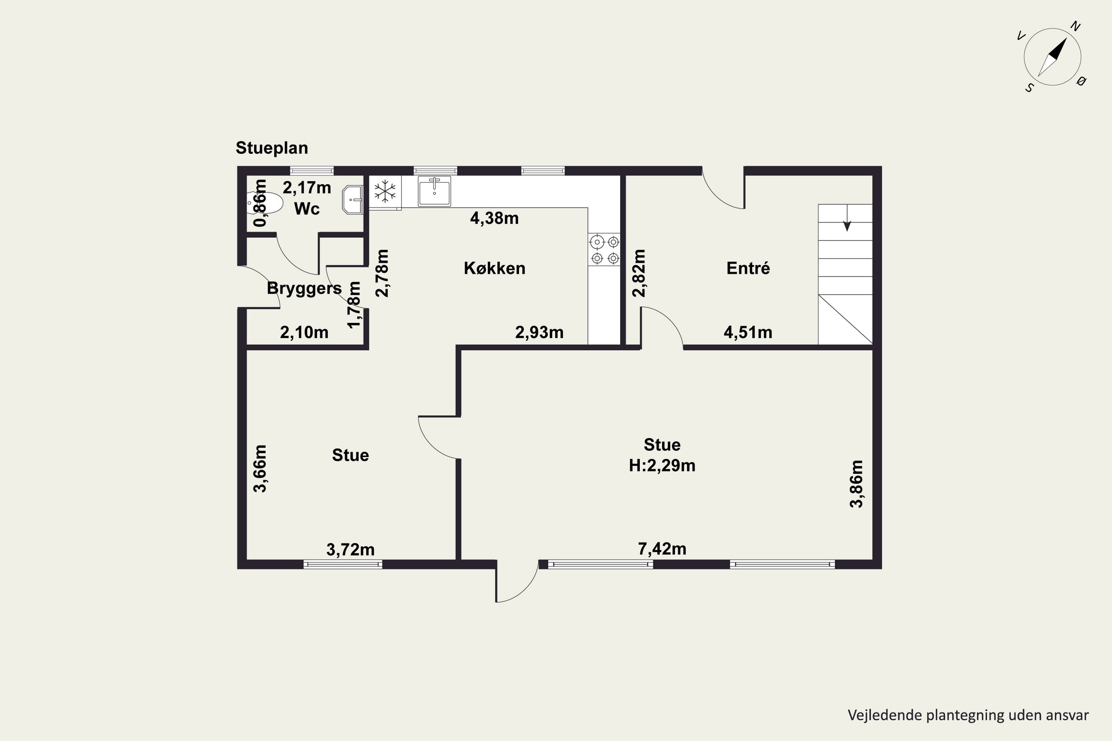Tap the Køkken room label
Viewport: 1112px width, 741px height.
tap(494, 268)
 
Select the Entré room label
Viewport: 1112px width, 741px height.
tap(748, 268)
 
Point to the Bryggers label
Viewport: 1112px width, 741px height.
tap(304, 288)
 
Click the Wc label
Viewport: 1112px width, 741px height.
tap(307, 209)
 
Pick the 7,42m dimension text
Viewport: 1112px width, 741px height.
tap(662, 549)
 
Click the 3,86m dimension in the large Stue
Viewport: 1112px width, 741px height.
tap(856, 484)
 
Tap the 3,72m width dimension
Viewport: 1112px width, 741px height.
tap(350, 549)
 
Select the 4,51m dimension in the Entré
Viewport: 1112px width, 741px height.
tap(748, 332)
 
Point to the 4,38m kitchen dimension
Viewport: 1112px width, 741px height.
tap(494, 218)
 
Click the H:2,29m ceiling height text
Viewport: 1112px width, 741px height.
tap(662, 466)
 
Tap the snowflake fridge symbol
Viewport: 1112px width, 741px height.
tap(385, 192)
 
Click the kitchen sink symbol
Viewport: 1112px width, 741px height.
tap(434, 191)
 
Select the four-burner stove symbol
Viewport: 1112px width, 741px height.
tap(604, 249)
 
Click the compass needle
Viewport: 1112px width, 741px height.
tap(1052, 57)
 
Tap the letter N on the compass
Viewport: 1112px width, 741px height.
tap(1076, 26)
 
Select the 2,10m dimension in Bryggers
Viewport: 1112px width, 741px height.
tap(304, 332)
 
